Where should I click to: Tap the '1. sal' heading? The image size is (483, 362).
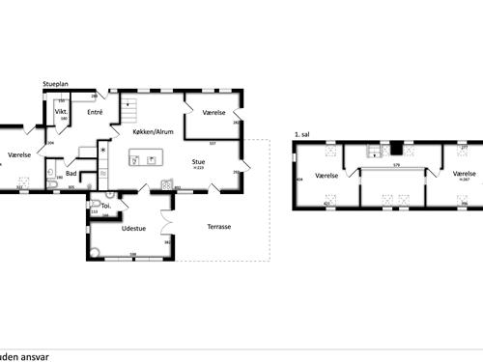[x=301, y=135]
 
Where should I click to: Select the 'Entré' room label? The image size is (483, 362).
[x=96, y=113]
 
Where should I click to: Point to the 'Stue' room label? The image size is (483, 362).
[x=198, y=162]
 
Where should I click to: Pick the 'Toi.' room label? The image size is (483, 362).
[x=106, y=206]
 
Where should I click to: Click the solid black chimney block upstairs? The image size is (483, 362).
[x=394, y=149]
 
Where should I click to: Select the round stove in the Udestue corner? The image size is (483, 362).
[x=95, y=247]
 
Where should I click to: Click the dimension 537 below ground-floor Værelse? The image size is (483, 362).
[x=211, y=143]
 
